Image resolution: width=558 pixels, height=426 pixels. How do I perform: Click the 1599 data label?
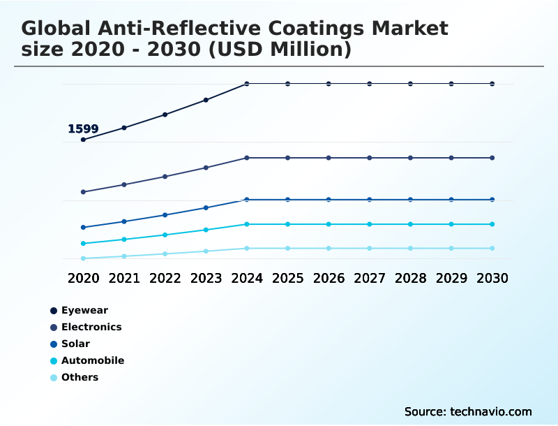[83, 129]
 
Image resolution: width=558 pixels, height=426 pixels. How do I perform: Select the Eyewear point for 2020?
[84, 140]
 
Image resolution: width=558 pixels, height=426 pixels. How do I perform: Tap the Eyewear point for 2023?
[206, 100]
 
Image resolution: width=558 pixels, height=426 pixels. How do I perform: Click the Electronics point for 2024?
[247, 158]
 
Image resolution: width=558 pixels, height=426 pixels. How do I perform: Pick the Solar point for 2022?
[165, 215]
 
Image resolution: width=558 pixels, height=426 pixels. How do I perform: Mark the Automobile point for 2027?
[370, 224]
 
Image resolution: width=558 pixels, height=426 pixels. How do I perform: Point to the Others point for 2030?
[492, 249]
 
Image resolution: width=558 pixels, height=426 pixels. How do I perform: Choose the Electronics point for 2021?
[124, 184]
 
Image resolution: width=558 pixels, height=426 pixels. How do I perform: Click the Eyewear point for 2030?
[492, 84]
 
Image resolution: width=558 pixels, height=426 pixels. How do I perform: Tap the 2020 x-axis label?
[84, 278]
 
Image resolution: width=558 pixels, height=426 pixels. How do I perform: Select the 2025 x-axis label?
[287, 278]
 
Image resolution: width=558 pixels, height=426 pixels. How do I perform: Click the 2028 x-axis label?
[410, 278]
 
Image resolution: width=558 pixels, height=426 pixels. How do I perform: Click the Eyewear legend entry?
[80, 310]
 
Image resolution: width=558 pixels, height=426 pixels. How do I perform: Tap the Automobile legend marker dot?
[54, 361]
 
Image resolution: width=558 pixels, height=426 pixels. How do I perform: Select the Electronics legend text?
[91, 327]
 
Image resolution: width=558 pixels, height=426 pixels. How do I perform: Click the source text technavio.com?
[488, 411]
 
